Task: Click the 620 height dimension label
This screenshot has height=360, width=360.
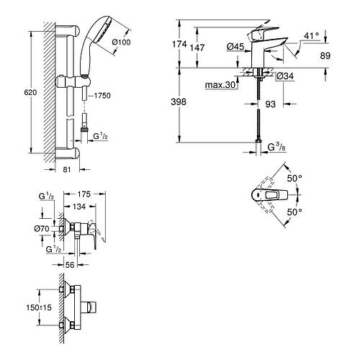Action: (30, 92)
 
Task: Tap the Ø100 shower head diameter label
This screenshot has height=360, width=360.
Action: (121, 42)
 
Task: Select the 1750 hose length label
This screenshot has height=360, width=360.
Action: (102, 96)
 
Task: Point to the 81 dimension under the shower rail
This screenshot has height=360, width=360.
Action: (67, 170)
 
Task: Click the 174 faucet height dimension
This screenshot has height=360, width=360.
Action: (179, 44)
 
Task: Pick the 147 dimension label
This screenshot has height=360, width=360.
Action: (197, 48)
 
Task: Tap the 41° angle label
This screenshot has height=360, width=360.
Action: (312, 35)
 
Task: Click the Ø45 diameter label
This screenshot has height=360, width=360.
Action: (235, 47)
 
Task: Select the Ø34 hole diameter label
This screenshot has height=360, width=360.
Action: (285, 76)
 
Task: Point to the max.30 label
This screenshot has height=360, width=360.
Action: (220, 85)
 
